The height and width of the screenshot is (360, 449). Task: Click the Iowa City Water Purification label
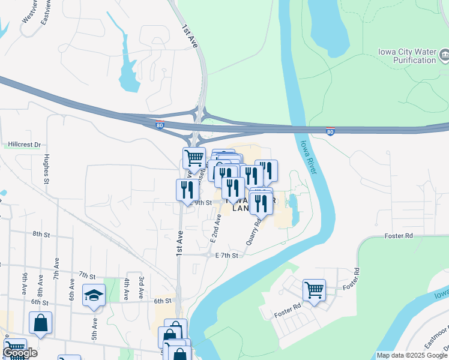(407, 56)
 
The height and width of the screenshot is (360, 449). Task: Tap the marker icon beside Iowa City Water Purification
(445, 56)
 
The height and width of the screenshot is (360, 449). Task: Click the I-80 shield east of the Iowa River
(330, 131)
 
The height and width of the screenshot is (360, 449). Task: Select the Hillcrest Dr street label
(25, 145)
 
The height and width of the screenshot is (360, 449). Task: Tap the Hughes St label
(46, 169)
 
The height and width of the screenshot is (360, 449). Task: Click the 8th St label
(40, 234)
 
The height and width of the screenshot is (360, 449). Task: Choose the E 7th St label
(227, 256)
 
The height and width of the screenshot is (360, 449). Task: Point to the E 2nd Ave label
(216, 227)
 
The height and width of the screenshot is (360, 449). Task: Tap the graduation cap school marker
(94, 295)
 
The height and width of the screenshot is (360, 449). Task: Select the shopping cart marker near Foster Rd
(314, 290)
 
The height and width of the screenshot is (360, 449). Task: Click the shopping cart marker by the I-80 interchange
(194, 158)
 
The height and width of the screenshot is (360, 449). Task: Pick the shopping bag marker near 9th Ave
(40, 323)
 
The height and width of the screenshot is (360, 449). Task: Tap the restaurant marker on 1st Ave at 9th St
(187, 190)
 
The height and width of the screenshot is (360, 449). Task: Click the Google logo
(20, 353)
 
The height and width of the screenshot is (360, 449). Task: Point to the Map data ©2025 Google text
(411, 355)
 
